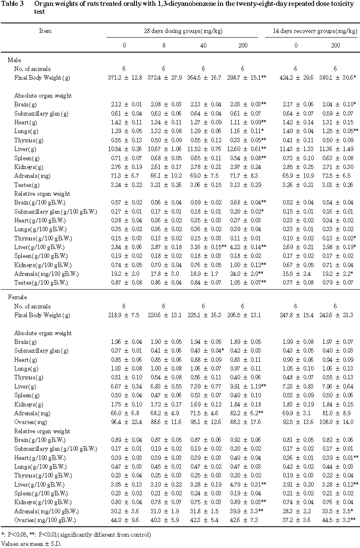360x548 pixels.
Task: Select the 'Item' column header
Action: [45, 31]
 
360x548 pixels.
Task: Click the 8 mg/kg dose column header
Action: [163, 45]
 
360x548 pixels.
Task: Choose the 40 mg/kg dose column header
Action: [203, 45]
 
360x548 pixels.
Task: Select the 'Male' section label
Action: [14, 60]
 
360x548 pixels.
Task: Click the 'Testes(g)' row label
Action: [26, 185]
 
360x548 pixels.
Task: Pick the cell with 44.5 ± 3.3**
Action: [337, 520]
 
